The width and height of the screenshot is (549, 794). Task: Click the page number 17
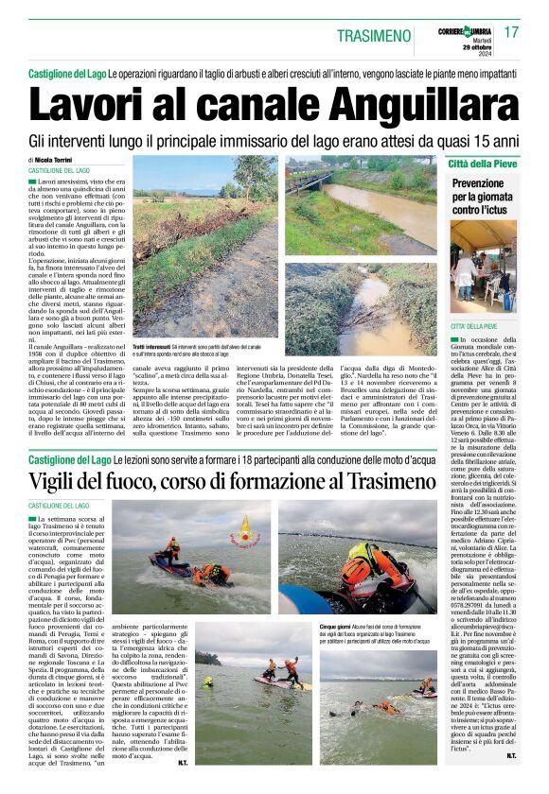(x=512, y=32)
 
